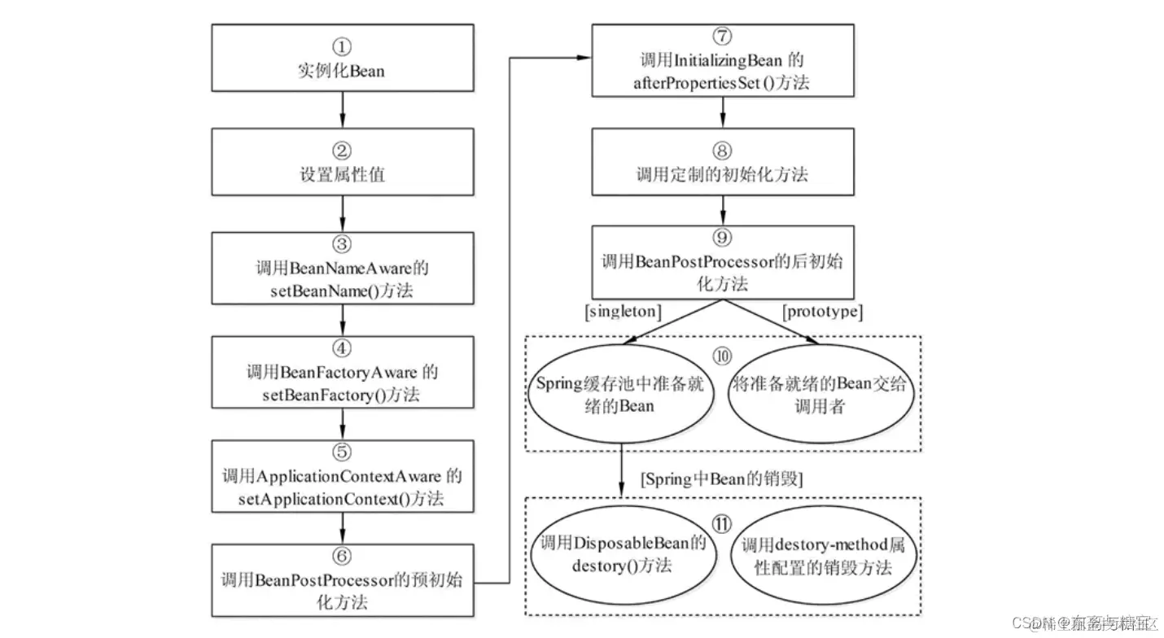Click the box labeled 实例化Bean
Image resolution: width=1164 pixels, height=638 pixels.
[x=342, y=58]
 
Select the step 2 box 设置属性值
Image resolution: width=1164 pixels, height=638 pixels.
[x=342, y=162]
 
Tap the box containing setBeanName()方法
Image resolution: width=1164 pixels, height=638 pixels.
[x=342, y=268]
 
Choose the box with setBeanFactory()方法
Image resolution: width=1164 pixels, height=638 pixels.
[x=342, y=372]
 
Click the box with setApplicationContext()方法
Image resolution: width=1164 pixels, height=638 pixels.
[x=342, y=476]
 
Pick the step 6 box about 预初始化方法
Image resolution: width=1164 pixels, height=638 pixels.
[x=342, y=580]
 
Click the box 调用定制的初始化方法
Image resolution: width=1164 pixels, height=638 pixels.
[x=721, y=162]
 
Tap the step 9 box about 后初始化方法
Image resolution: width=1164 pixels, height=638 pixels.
[x=721, y=261]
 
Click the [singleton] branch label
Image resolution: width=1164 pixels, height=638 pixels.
[x=623, y=312]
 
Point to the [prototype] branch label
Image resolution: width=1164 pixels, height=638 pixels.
[x=821, y=312]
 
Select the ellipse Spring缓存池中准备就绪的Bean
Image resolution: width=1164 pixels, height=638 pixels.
[x=623, y=394]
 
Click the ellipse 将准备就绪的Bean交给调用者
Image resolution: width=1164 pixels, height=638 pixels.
[x=820, y=394]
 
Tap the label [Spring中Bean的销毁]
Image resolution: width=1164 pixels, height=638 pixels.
[x=722, y=479]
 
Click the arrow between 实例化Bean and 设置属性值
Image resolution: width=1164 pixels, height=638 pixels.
[x=342, y=108]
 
